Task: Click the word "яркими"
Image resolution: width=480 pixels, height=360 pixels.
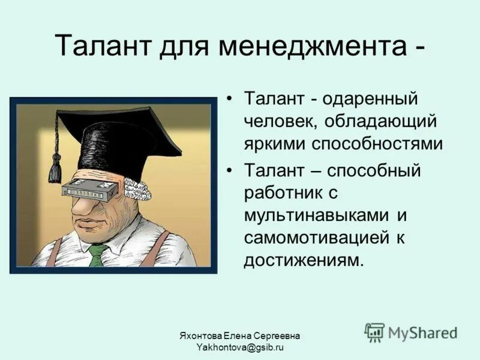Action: pyautogui.click(x=275, y=145)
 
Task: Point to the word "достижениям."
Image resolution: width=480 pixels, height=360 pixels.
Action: pyautogui.click(x=304, y=260)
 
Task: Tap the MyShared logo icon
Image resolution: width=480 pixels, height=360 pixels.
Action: pyautogui.click(x=374, y=332)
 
